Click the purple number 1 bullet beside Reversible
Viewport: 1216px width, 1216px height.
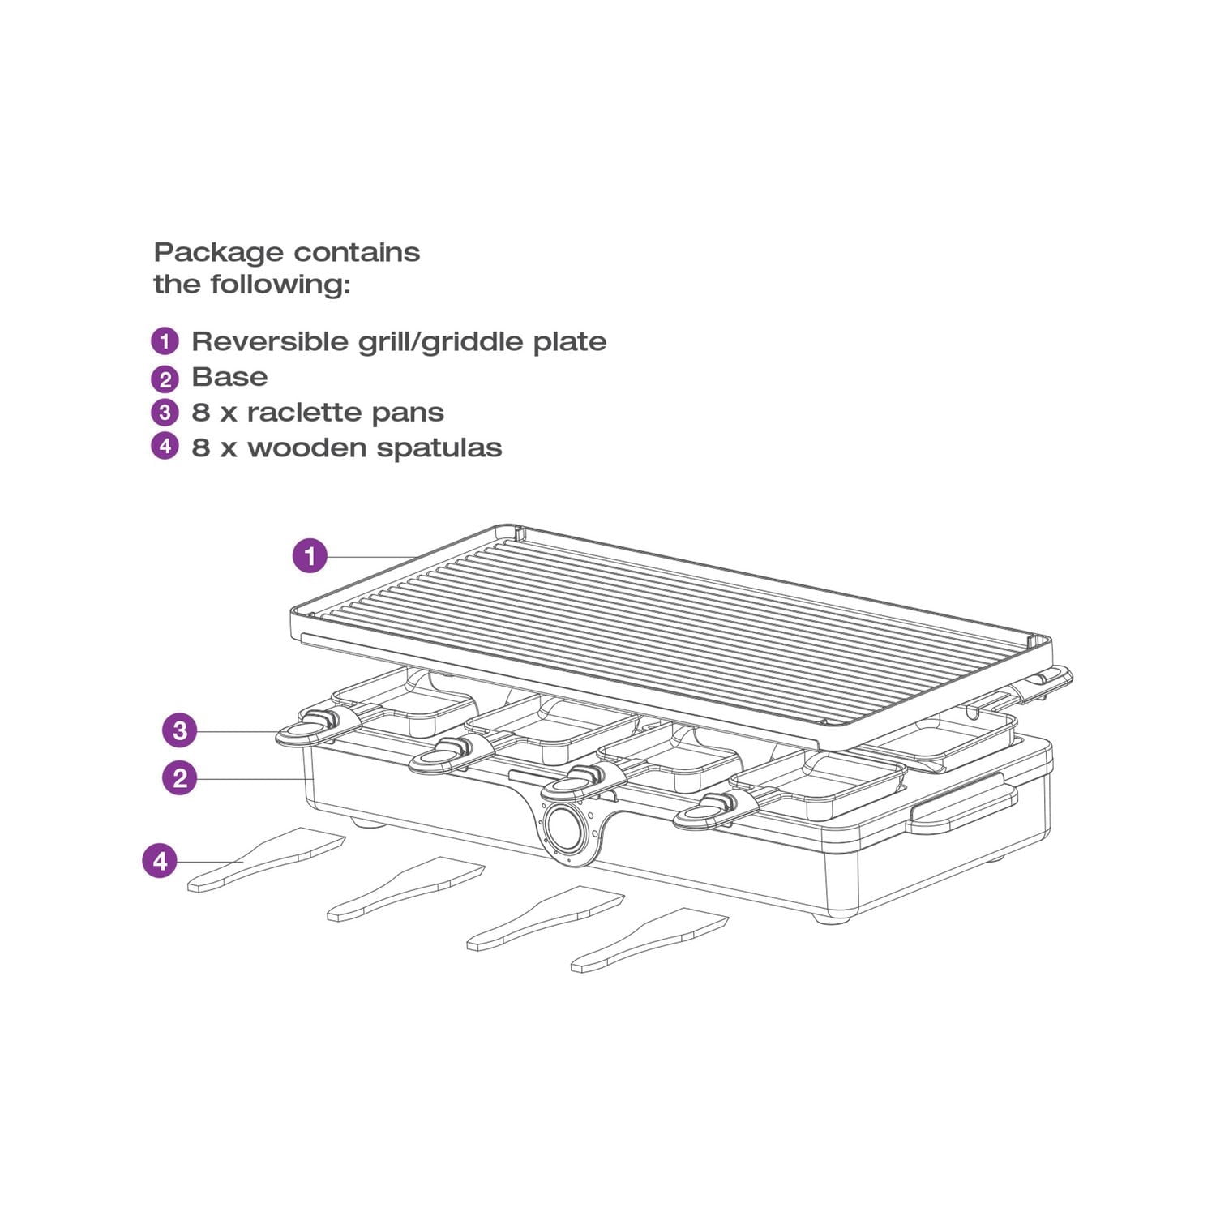tap(165, 340)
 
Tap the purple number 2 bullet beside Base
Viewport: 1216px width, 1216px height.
tap(165, 378)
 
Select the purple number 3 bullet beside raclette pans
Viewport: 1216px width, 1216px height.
tap(165, 413)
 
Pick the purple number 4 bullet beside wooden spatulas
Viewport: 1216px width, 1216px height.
tap(165, 446)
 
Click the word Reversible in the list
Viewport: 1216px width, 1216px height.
tap(271, 341)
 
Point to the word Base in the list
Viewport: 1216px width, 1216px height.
tap(229, 377)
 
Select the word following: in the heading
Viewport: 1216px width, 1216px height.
tap(280, 285)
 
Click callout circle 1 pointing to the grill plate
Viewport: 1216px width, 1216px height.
tap(310, 556)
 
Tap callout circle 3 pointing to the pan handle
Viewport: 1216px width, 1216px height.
tap(180, 730)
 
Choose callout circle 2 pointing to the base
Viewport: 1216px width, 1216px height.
tap(180, 778)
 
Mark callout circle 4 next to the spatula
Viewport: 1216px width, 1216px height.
tap(160, 860)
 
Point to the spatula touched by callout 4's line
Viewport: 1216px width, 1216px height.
tap(266, 860)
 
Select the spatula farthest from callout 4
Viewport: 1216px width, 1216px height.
tap(650, 940)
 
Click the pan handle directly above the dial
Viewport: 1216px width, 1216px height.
tap(581, 781)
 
